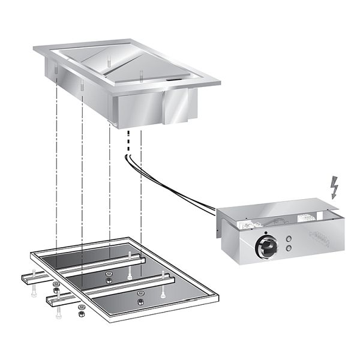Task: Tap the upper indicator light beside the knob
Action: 289,236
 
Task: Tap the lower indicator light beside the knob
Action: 289,247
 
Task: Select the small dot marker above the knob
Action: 265,230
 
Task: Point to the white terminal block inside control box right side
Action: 313,217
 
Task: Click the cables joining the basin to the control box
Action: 174,186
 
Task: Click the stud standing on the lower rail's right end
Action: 163,292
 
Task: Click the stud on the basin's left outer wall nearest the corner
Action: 55,70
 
